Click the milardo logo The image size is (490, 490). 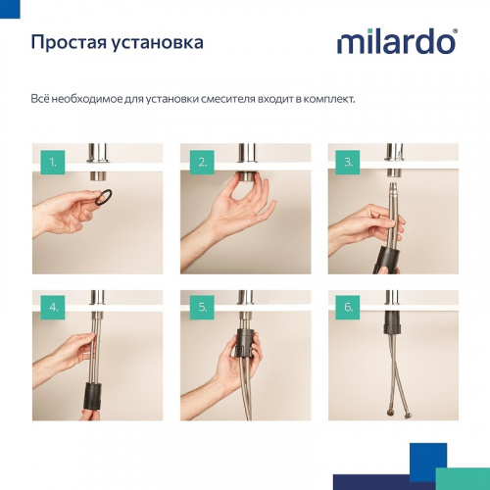pyautogui.click(x=396, y=42)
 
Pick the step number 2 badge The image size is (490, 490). pyautogui.click(x=204, y=161)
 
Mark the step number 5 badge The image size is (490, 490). pyautogui.click(x=204, y=307)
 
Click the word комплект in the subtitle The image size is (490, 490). pyautogui.click(x=328, y=100)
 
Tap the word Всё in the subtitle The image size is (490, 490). pyautogui.click(x=42, y=100)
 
